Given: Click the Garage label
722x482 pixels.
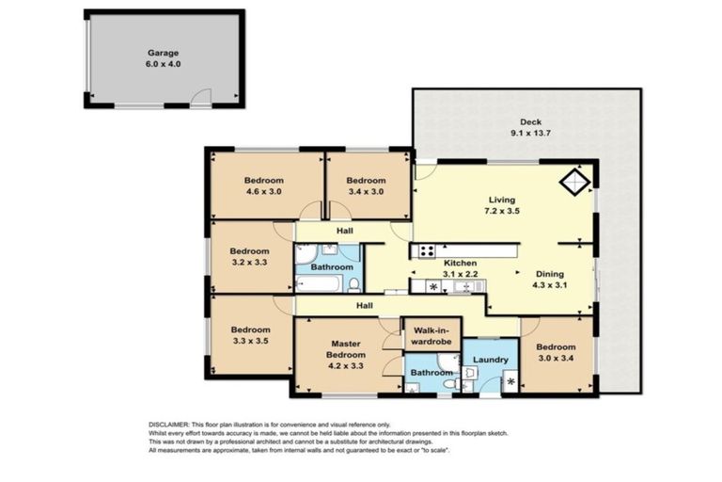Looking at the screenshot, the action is (x=163, y=53).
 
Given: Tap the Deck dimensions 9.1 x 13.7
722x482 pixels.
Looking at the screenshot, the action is (x=530, y=134).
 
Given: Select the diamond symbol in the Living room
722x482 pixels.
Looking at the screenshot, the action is (x=575, y=183).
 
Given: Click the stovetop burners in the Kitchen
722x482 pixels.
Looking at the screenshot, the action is (x=427, y=251).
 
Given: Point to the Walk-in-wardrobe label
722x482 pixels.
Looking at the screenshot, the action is (x=431, y=336).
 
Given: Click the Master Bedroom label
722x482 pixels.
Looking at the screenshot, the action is (x=346, y=349).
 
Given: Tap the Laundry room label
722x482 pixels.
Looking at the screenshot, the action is (x=491, y=360).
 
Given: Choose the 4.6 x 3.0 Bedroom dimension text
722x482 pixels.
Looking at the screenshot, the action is (x=264, y=191).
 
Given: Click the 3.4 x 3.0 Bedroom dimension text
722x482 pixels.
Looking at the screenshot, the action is (x=366, y=191).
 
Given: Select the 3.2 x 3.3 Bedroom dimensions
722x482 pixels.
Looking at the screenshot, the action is (x=249, y=263).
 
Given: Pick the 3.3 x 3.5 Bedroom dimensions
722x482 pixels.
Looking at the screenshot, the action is (x=250, y=342).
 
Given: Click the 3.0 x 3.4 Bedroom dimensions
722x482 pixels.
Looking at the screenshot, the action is (x=556, y=358).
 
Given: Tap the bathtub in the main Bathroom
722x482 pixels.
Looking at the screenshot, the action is (x=319, y=283).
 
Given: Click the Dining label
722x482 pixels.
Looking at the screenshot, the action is (x=549, y=274).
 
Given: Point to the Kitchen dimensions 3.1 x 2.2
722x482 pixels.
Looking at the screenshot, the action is (x=460, y=274).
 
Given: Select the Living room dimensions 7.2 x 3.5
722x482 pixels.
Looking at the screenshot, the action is (x=502, y=211).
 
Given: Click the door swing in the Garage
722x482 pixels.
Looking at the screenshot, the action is (x=201, y=97).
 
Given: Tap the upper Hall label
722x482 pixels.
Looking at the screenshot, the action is (x=344, y=231).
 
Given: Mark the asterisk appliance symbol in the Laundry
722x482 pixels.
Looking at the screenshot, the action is (x=510, y=382).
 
